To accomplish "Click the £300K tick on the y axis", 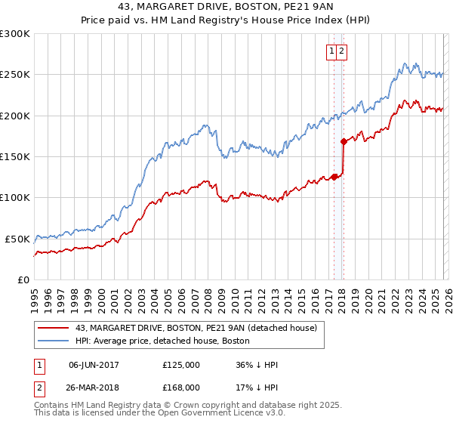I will coord(15,34).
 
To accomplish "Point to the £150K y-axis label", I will coord(15,156).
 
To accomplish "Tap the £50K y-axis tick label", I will coord(18,239).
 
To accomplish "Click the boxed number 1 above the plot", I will coord(331,51).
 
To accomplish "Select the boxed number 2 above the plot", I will coord(341,51).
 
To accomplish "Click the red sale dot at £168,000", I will coord(344,141).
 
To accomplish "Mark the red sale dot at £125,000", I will coord(334,177).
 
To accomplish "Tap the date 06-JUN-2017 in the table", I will coord(94,365).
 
